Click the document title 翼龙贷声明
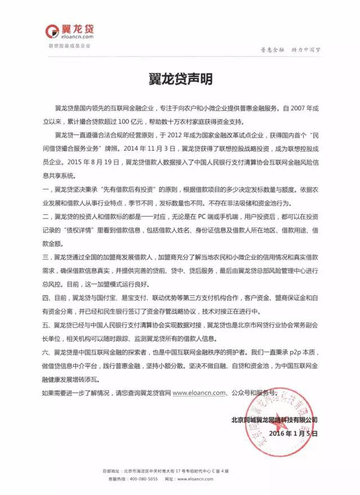pos(180,79)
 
